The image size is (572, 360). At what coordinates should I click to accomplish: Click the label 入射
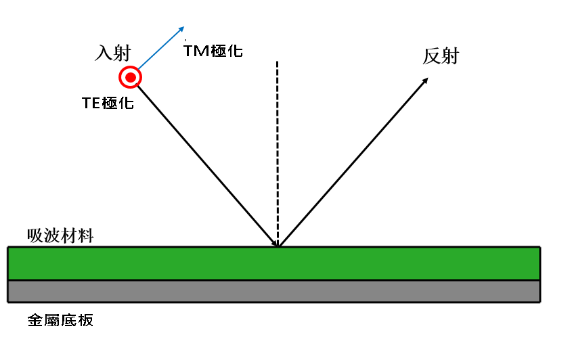coord(113,53)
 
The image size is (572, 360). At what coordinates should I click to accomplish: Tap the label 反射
coord(441,56)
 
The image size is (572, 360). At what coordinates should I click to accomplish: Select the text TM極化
coord(213,51)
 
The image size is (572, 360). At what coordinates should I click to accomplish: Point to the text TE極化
coord(108,103)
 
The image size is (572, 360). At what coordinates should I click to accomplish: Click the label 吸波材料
coord(60,235)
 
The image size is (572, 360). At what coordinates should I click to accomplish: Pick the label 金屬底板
coord(60,320)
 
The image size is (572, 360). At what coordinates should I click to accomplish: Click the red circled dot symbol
coord(130,77)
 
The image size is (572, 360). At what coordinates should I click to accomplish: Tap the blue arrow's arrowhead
coord(181,30)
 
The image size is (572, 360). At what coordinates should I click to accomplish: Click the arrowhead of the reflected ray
coord(424,81)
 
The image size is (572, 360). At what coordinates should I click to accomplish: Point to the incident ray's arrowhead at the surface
coord(274,242)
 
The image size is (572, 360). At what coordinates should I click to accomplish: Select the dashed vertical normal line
coord(278,154)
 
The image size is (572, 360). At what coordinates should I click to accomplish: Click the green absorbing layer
coord(274,263)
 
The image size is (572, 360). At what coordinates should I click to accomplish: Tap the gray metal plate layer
coord(274,292)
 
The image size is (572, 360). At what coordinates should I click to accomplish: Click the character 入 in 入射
coord(104,53)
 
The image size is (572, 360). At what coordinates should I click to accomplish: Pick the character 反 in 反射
coord(431,57)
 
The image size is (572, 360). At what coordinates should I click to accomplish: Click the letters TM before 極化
coord(196,51)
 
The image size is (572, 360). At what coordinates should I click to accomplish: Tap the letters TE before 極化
coord(91,104)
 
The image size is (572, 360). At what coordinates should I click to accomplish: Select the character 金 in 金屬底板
coord(36,320)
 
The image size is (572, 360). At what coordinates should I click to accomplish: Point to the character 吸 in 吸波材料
coord(35,236)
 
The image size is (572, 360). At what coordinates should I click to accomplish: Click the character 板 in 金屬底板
coord(86,320)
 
